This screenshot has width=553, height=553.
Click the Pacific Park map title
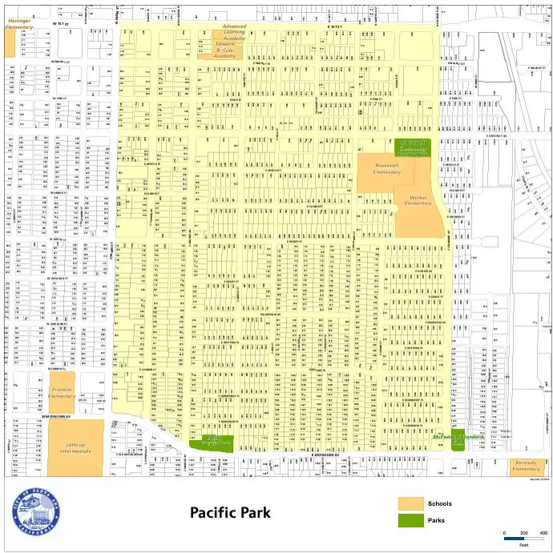[230, 513]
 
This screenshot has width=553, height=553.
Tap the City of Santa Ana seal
[36, 512]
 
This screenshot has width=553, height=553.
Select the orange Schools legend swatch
[411, 503]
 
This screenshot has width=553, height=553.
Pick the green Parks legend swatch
[411, 521]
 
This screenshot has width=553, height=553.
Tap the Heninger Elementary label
[19, 23]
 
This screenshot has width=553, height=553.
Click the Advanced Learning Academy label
[234, 32]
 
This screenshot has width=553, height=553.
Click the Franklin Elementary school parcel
[62, 393]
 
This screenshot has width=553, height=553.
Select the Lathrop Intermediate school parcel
[75, 447]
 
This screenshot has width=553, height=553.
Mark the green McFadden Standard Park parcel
[458, 442]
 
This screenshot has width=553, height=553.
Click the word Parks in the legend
[438, 521]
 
